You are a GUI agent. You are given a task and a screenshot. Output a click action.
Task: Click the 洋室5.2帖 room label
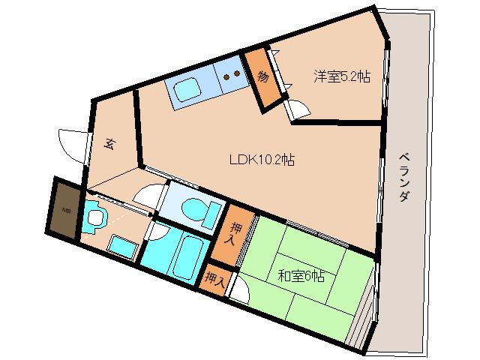(341, 75)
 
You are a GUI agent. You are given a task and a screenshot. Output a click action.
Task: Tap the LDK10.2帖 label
(261, 159)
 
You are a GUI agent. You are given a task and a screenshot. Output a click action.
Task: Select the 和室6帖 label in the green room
(300, 275)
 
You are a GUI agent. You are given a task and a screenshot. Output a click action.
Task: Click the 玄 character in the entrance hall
(109, 145)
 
